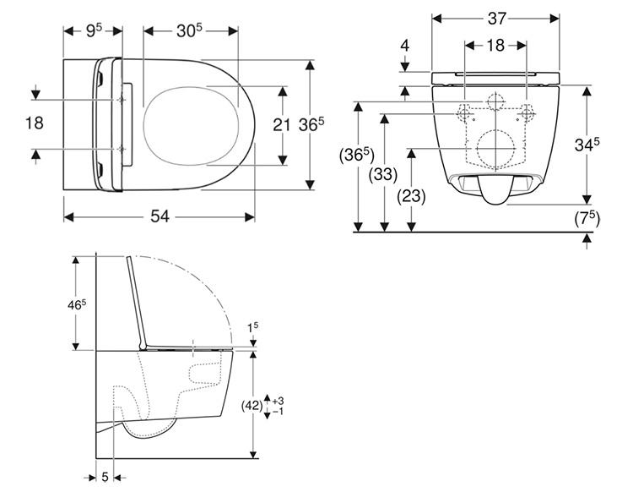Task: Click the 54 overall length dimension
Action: [160, 216]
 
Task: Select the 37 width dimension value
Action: [496, 19]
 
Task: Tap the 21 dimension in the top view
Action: [281, 125]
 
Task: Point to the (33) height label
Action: [383, 175]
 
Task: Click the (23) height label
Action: [411, 196]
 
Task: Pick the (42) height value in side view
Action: [252, 406]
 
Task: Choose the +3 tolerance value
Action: [278, 401]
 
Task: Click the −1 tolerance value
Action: [278, 411]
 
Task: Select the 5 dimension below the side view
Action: [105, 477]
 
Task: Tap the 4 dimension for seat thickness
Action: [405, 46]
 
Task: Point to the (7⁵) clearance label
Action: [587, 219]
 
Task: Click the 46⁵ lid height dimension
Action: [77, 305]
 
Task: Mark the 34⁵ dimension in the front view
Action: [587, 145]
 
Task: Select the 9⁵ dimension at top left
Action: [94, 30]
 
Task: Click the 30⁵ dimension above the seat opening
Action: [189, 30]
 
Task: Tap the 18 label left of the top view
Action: [35, 123]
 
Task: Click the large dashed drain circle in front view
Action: [495, 149]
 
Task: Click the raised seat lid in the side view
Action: [136, 302]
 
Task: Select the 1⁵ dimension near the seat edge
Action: [253, 327]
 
